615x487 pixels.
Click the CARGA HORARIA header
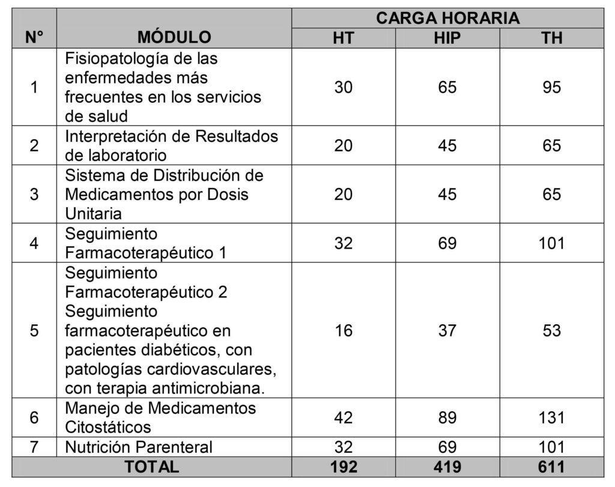447,18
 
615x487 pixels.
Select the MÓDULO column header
174,37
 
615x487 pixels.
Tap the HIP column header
447,37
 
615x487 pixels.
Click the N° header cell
34,37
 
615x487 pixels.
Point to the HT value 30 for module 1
344,87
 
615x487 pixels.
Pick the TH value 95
551,87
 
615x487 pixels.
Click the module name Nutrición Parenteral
139,447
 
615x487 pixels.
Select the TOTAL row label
151,467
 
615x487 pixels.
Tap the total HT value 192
344,467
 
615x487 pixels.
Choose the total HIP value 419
447,467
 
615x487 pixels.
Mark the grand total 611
551,467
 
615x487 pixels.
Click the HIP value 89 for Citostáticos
447,417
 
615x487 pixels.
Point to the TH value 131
551,417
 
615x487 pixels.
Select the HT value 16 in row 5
344,330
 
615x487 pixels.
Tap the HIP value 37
447,330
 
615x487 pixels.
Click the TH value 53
551,330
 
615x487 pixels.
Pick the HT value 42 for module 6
344,417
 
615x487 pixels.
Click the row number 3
34,195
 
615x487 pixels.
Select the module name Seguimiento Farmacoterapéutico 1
146,243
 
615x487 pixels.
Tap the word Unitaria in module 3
94,214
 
